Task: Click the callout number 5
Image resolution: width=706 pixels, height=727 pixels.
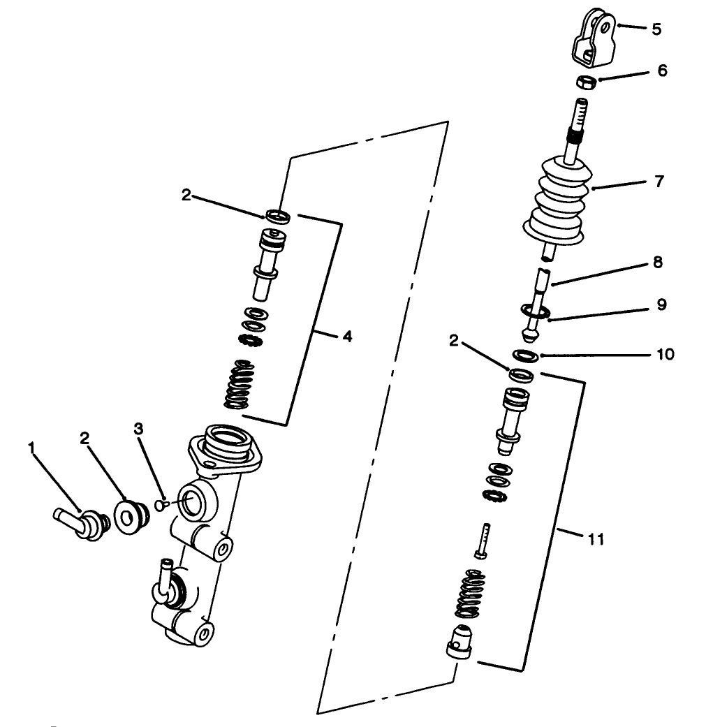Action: [656, 29]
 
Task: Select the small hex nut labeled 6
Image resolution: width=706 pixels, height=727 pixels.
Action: [585, 82]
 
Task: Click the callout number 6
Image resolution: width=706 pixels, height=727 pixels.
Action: [661, 71]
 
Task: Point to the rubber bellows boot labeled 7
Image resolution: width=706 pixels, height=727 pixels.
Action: [556, 203]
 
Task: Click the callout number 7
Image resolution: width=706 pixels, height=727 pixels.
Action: [659, 182]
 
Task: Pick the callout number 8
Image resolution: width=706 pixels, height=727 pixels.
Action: [658, 263]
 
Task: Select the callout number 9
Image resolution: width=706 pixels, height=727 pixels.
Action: [661, 305]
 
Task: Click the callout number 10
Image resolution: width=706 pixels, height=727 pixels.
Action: [665, 354]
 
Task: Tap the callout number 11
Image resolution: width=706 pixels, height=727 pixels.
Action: [596, 539]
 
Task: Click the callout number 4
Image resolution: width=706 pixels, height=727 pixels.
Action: [346, 337]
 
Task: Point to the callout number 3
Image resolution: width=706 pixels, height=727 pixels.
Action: [139, 429]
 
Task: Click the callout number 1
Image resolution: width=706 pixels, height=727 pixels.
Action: [31, 446]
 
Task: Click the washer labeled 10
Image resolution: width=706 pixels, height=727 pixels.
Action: [524, 355]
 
